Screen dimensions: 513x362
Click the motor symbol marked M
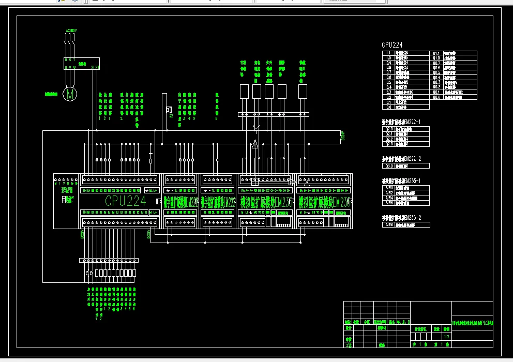click(69, 94)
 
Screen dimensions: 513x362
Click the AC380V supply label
click(71, 31)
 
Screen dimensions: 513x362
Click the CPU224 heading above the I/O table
click(392, 46)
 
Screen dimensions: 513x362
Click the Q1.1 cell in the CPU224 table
click(436, 53)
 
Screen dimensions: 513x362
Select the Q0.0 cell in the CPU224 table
click(436, 97)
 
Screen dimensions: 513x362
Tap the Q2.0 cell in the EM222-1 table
click(389, 128)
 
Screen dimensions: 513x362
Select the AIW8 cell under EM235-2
click(389, 225)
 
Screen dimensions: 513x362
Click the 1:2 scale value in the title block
click(446, 335)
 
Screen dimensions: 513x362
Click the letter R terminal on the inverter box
click(66, 60)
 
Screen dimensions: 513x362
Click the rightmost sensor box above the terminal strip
click(303, 91)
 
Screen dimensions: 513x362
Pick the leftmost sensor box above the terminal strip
click(244, 91)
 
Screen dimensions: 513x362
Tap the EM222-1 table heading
click(401, 121)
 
